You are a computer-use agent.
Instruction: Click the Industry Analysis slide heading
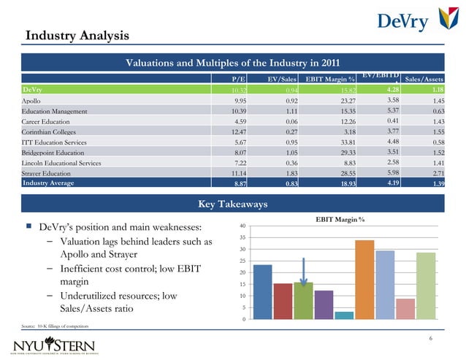(77, 35)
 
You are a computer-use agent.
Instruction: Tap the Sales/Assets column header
(425, 79)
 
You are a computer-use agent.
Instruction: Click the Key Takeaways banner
(232, 204)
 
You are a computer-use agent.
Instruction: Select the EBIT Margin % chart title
(340, 219)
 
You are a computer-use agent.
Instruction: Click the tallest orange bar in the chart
(364, 279)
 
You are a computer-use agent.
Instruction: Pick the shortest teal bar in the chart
(344, 315)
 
